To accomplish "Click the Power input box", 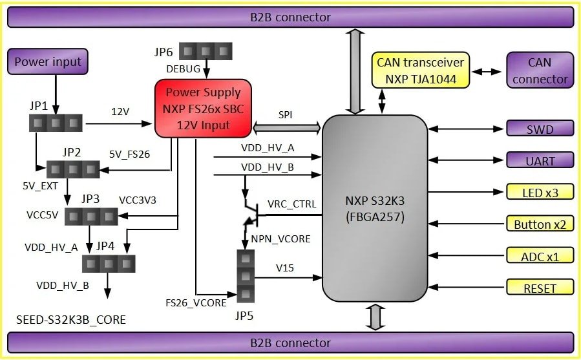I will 48,62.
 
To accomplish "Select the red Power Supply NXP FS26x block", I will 203,109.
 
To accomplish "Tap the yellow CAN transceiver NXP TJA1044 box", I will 420,71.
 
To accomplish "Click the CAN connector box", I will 540,71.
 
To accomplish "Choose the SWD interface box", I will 540,129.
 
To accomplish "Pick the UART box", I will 540,160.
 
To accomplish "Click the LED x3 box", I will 540,192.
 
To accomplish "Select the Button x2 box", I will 540,224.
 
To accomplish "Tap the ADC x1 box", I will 540,256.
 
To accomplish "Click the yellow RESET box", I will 540,288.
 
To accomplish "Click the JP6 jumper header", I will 206,50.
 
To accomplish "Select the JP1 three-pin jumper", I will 56,122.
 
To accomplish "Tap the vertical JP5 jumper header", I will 244,277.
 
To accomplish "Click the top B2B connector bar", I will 290,17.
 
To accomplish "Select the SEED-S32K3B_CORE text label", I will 71,320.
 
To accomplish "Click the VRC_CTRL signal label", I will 291,204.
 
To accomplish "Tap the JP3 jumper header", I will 91,217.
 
